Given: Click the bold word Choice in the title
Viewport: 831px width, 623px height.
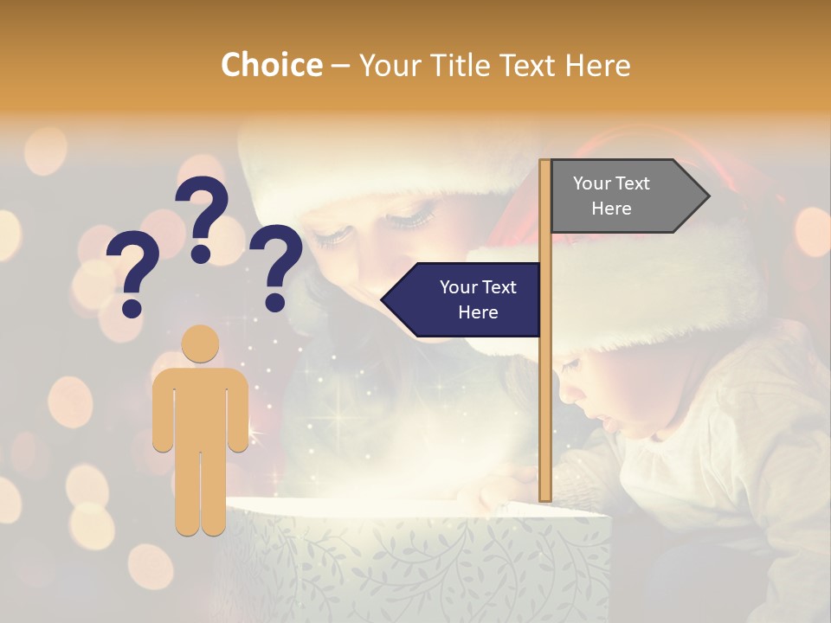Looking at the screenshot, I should (271, 65).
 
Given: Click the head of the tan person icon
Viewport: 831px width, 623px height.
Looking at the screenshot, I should (200, 343).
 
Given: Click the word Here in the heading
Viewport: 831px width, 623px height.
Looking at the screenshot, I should (597, 65).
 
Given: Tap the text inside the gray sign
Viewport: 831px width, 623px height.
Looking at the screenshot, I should (611, 196).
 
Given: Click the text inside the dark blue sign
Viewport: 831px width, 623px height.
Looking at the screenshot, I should (477, 299).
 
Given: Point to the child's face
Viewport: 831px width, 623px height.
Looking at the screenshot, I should (606, 398).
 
